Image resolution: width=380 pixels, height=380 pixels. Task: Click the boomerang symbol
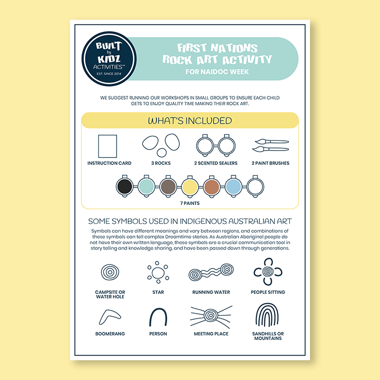coord(110,317)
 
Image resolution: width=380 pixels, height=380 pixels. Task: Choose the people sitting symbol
coord(268,273)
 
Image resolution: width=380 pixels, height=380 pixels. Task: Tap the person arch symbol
coord(158,317)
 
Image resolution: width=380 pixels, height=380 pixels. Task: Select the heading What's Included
coord(190,121)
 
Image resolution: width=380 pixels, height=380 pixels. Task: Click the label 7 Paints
coord(190,203)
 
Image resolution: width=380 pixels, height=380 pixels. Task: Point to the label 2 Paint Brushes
coord(270,163)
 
